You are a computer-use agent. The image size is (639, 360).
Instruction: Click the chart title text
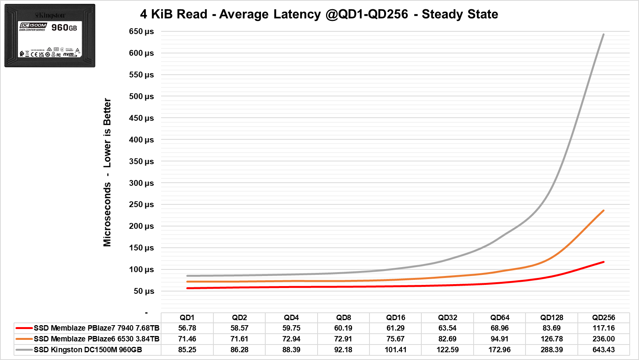click(x=319, y=14)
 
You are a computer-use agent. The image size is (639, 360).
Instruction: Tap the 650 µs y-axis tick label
click(x=141, y=31)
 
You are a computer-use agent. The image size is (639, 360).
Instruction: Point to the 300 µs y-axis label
click(x=141, y=183)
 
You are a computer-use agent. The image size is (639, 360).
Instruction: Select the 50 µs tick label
click(x=144, y=291)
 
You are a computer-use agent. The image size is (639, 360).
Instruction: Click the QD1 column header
click(x=187, y=317)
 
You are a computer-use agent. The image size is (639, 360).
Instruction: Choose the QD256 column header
click(x=603, y=317)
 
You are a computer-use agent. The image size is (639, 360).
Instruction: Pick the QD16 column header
click(x=395, y=317)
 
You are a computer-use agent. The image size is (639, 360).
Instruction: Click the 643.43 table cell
click(x=603, y=350)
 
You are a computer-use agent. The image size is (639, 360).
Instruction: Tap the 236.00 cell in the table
click(x=603, y=339)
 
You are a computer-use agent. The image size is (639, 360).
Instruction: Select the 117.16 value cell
click(x=603, y=328)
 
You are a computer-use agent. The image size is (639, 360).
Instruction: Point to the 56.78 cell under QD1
click(x=187, y=328)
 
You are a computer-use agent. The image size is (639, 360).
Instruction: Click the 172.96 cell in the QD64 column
click(x=500, y=350)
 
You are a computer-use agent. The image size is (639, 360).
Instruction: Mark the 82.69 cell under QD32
click(x=447, y=339)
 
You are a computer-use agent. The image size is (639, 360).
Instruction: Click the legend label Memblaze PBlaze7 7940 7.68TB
click(x=96, y=328)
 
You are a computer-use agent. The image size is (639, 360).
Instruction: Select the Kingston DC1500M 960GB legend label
click(x=88, y=350)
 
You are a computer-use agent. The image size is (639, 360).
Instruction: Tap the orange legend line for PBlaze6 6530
click(x=24, y=339)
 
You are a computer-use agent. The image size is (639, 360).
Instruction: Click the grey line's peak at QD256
click(x=603, y=34)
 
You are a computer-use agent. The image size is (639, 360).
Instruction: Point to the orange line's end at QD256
click(x=603, y=211)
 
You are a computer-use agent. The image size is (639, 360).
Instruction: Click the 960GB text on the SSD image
click(x=64, y=27)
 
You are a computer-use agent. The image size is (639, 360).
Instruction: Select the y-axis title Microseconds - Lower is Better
click(x=107, y=172)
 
